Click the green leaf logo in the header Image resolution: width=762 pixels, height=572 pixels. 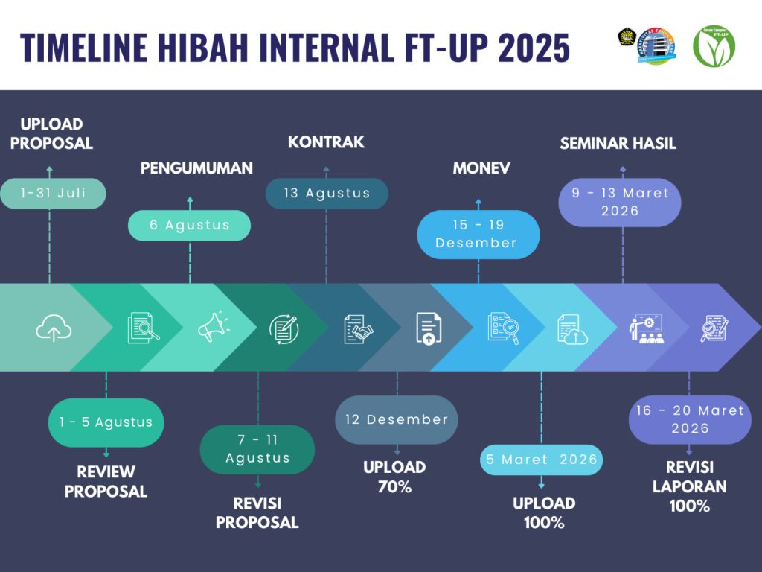[x=714, y=45]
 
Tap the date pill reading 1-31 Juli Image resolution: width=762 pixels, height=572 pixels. [x=53, y=193]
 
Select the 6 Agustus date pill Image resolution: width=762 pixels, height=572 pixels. [x=189, y=225]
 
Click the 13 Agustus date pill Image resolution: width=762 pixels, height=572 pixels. [x=327, y=193]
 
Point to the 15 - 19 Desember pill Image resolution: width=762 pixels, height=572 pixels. [x=478, y=234]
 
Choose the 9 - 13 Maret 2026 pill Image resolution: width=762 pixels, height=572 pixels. [x=620, y=202]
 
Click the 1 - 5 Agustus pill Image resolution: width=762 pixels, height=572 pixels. [x=106, y=422]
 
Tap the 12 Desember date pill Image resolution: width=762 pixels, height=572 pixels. [x=397, y=419]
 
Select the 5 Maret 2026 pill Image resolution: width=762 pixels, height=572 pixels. [x=542, y=460]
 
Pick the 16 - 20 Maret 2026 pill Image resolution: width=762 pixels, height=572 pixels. [x=690, y=419]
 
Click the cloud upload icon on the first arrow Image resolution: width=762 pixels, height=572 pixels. [x=54, y=328]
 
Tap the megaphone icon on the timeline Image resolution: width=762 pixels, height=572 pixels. [x=214, y=326]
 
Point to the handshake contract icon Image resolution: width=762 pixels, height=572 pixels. [x=358, y=329]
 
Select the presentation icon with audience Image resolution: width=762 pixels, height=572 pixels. [x=647, y=329]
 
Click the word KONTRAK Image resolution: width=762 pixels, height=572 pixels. [x=326, y=142]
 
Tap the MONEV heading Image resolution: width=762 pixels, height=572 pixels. [x=481, y=168]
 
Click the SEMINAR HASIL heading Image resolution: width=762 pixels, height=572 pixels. [x=618, y=144]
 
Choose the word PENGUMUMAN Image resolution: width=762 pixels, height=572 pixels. [x=196, y=168]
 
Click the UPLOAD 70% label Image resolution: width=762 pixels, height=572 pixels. [x=394, y=477]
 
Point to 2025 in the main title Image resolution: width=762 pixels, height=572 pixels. [x=534, y=48]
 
